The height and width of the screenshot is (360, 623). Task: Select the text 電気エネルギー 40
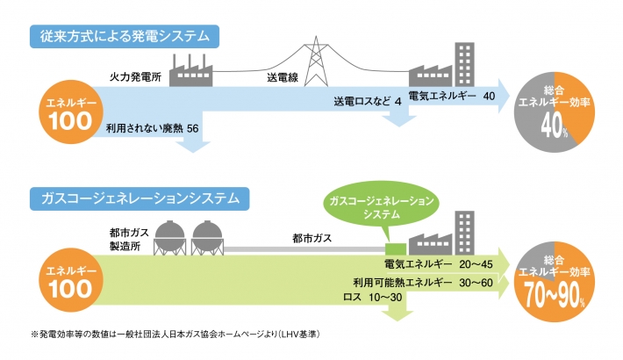[454, 95]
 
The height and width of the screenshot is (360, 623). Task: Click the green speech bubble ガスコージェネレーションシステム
[381, 207]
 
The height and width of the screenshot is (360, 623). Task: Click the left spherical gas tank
[168, 234]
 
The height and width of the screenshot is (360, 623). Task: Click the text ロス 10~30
[376, 298]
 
